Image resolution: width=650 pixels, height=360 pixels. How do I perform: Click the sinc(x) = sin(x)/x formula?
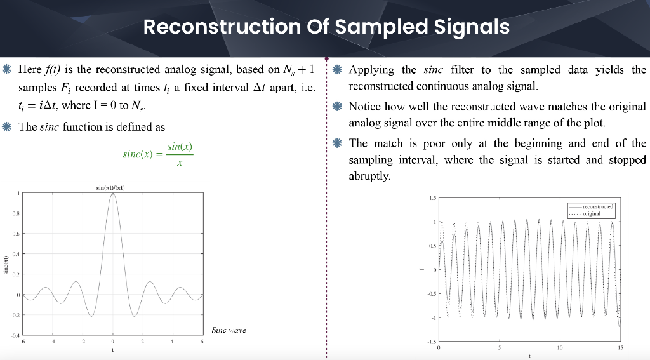click(157, 154)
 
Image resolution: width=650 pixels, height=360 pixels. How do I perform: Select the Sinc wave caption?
click(228, 330)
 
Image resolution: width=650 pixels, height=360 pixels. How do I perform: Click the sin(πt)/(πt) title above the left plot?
click(112, 188)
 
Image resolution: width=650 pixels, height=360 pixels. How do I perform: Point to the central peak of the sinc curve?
click(113, 194)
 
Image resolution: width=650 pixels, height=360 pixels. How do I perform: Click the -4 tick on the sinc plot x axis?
click(53, 342)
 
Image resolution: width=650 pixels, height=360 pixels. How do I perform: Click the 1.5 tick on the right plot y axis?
click(432, 199)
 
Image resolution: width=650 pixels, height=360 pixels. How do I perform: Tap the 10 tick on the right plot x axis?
click(559, 348)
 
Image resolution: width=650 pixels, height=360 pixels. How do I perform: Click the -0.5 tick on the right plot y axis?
click(432, 295)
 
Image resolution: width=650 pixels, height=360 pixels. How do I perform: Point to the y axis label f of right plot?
click(421, 270)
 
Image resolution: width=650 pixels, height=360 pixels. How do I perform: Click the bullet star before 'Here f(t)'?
click(7, 69)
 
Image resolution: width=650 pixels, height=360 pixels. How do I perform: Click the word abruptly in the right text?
click(369, 176)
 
